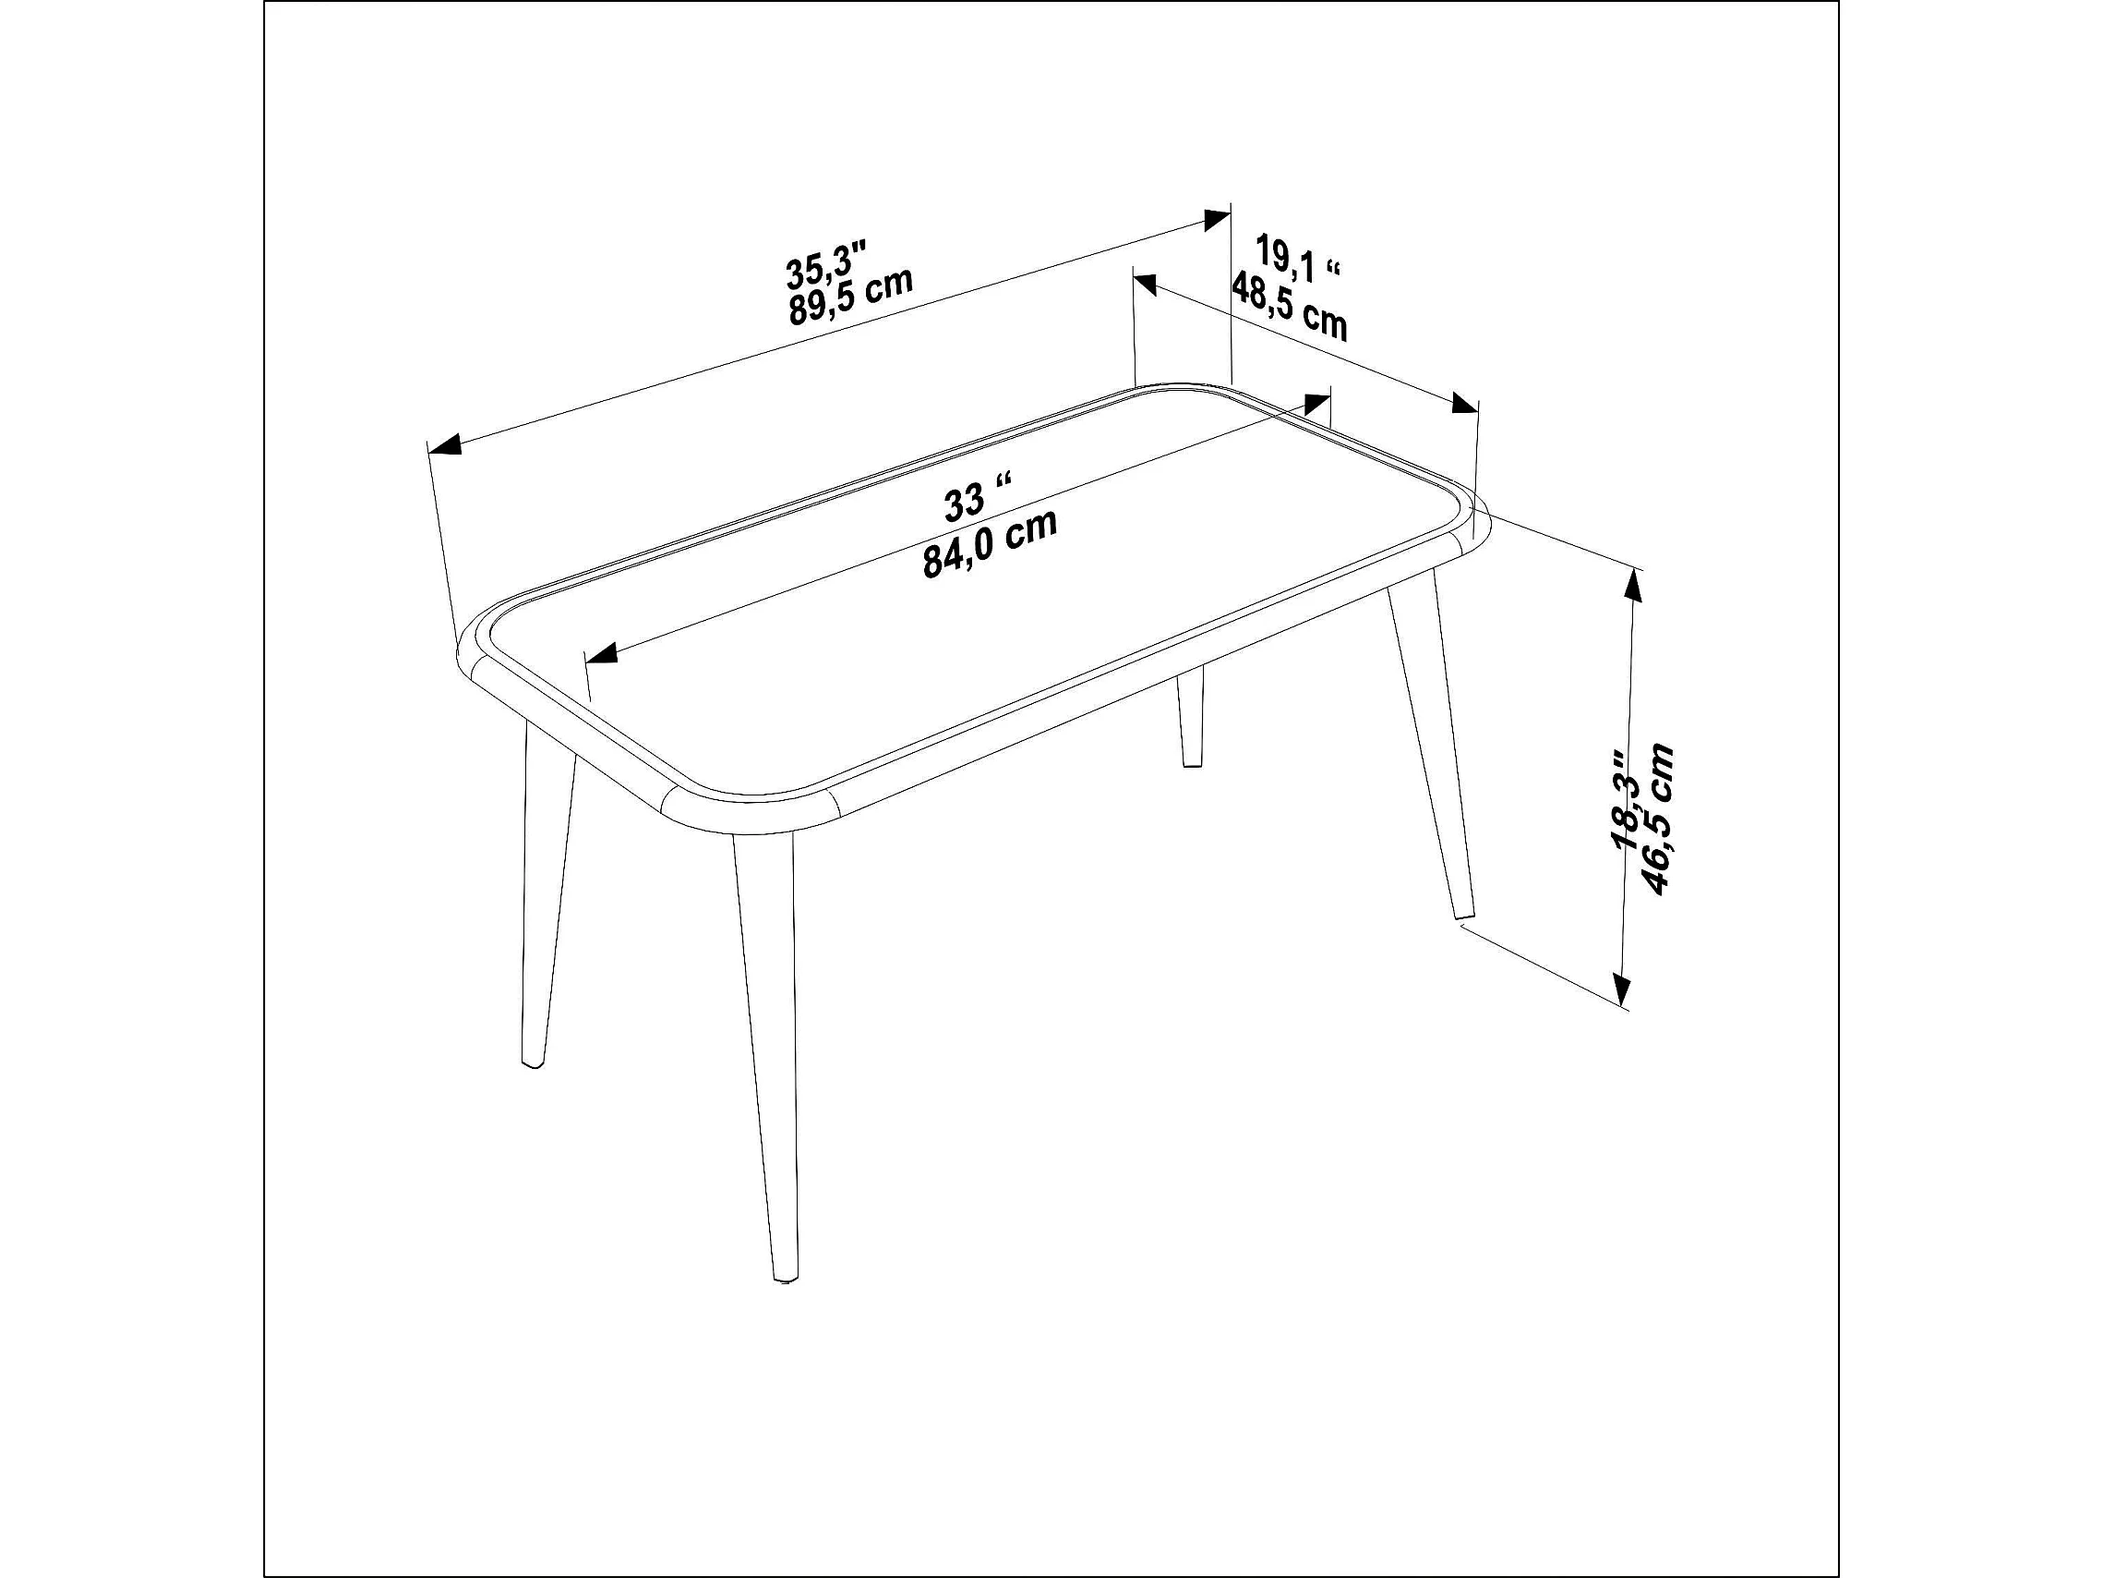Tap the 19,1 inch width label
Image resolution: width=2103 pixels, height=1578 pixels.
click(x=1298, y=258)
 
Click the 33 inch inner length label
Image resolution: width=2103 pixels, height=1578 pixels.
click(x=978, y=496)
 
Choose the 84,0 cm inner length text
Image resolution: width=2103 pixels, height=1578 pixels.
click(x=990, y=543)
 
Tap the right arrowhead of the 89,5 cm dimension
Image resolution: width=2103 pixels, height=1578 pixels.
click(x=1216, y=221)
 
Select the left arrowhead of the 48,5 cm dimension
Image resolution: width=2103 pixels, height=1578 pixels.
click(x=1145, y=284)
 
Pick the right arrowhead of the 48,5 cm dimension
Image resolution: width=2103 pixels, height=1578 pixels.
click(x=1464, y=404)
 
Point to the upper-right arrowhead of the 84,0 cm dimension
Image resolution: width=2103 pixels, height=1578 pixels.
click(x=1316, y=404)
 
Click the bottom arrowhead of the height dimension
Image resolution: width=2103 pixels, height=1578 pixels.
click(x=1622, y=989)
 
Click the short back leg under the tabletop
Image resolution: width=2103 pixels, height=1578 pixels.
click(x=1190, y=715)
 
